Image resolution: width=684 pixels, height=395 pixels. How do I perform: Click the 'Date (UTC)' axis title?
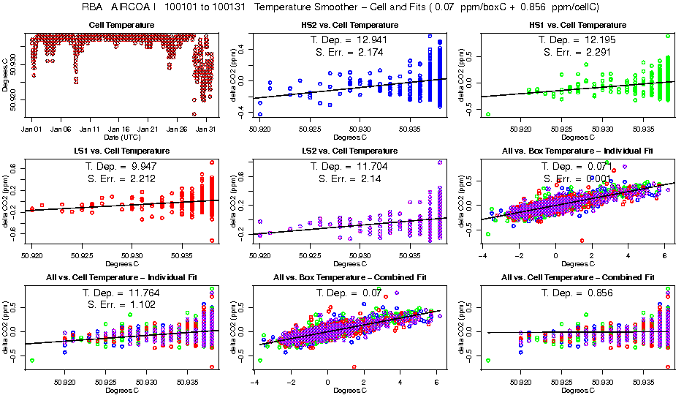(x=121, y=138)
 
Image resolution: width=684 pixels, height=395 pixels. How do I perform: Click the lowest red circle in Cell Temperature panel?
(x=194, y=114)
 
